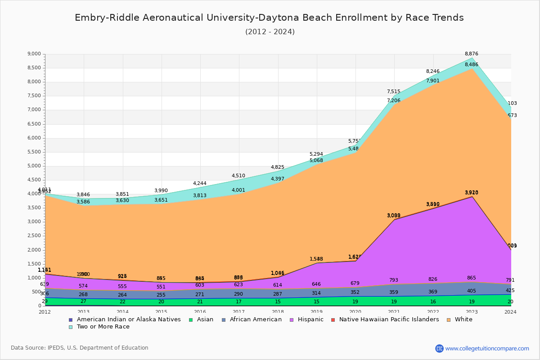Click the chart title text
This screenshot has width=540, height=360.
[x=269, y=18]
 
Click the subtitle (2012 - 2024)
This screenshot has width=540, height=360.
[x=270, y=32]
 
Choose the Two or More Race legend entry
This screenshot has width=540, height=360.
[x=103, y=327]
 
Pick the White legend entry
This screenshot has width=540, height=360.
[x=463, y=319]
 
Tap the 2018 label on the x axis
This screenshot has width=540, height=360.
[x=278, y=312]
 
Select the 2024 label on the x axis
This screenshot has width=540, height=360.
[x=511, y=312]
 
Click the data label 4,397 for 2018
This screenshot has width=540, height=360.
[x=278, y=179]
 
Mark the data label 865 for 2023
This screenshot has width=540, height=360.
[x=471, y=278]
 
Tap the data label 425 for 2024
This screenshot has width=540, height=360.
[x=510, y=291]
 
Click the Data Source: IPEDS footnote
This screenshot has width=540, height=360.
[x=79, y=348]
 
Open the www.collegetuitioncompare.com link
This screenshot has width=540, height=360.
[x=487, y=348]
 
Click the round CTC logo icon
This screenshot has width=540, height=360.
[x=439, y=348]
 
